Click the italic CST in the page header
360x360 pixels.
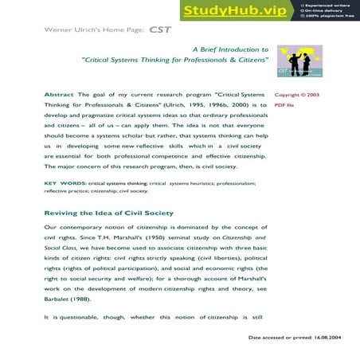[x=158, y=29]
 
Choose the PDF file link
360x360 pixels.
[x=284, y=105]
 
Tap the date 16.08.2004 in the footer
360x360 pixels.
[x=331, y=338]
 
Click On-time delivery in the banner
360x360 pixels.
[x=325, y=10]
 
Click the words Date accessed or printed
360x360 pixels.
[x=276, y=338]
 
